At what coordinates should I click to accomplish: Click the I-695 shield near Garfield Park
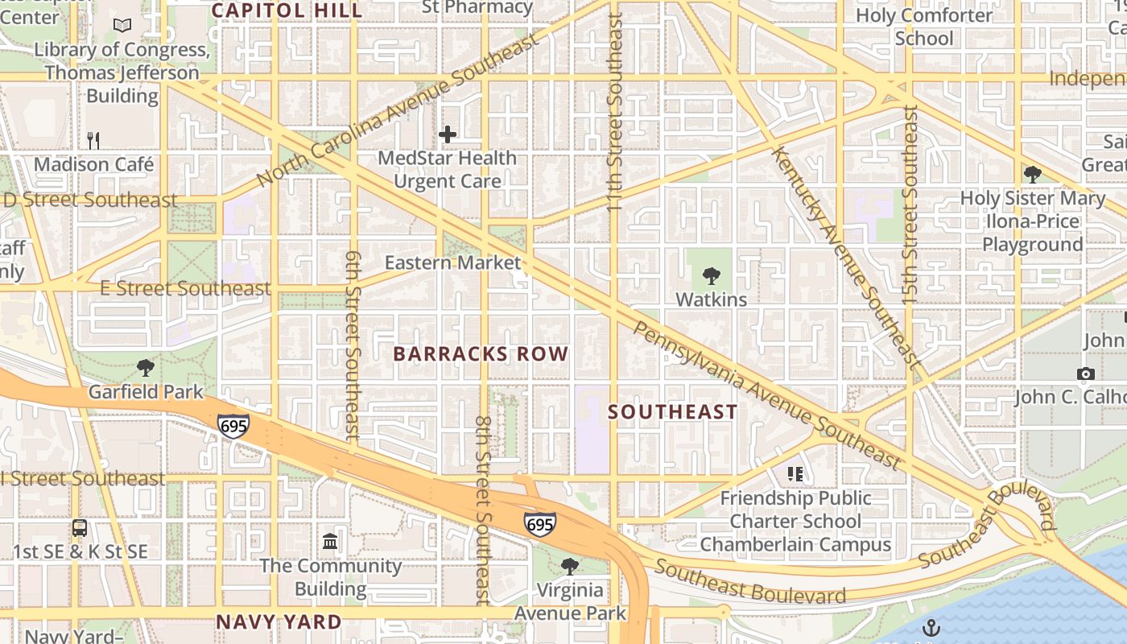coord(233,425)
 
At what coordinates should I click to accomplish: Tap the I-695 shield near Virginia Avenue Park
coord(539,524)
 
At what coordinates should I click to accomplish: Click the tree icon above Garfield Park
coord(146,368)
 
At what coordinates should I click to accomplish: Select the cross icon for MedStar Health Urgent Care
coord(448,134)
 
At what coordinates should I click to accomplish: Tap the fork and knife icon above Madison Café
coord(93,141)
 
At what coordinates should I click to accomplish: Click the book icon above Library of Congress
coord(122,26)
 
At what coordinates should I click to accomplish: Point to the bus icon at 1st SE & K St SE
coord(80,528)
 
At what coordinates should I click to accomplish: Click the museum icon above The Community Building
coord(330,541)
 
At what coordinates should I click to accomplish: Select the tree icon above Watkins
coord(711,276)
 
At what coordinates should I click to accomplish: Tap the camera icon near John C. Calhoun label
coord(1085,374)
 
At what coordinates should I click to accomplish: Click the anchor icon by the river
coord(931,627)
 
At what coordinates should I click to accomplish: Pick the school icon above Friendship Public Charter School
coord(795,474)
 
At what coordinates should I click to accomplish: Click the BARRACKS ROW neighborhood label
coord(481,354)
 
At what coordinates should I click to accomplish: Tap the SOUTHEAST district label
coord(672,412)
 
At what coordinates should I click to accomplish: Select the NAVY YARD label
coord(279,621)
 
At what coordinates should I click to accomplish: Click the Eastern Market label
coord(452,262)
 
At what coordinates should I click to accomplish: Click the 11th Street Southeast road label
coord(615,113)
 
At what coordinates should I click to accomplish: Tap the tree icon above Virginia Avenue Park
coord(570,566)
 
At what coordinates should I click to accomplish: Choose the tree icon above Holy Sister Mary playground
coord(1032,174)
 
